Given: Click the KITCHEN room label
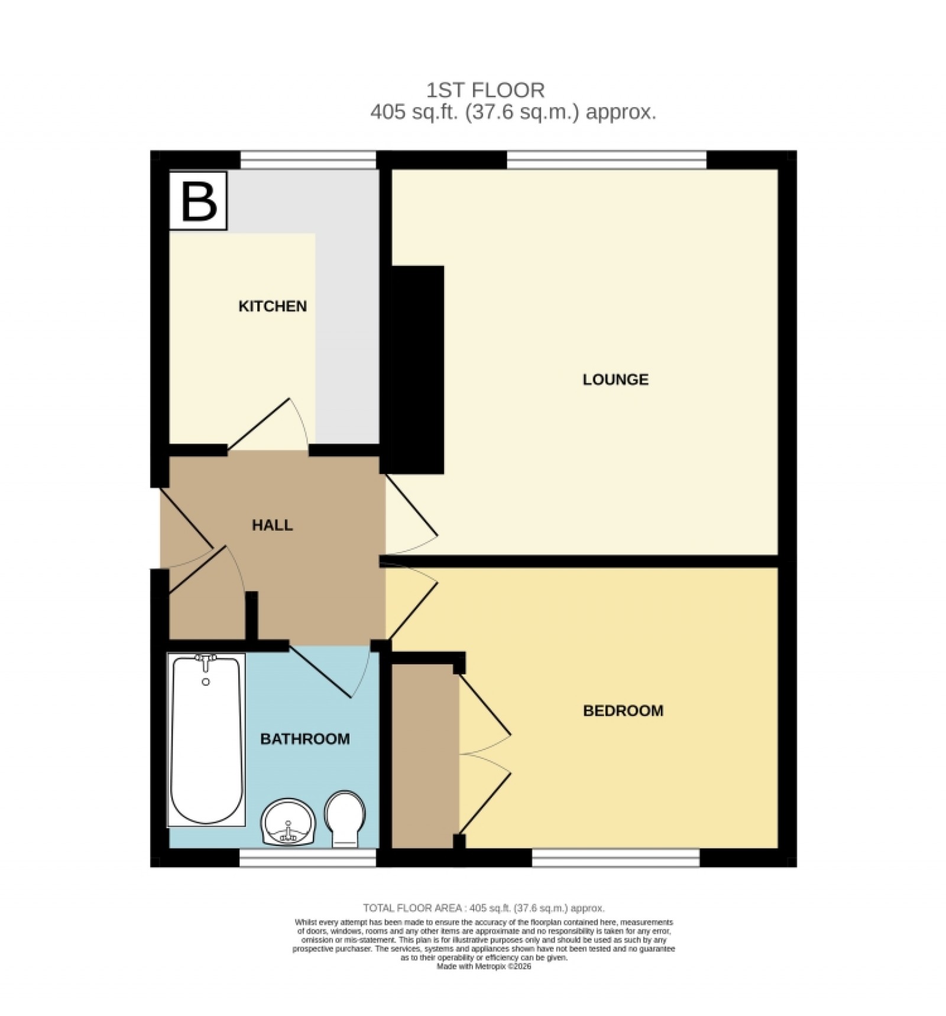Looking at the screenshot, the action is click(x=273, y=306).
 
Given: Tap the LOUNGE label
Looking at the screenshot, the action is click(x=615, y=379).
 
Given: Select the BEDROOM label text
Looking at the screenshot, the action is click(x=623, y=710).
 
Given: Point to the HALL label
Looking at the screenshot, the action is click(x=273, y=525).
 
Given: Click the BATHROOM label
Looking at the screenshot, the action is click(x=305, y=739).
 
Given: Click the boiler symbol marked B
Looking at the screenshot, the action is click(x=198, y=201).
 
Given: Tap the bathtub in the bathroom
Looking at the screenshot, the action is click(x=206, y=740).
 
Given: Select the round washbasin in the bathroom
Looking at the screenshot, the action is click(x=289, y=822).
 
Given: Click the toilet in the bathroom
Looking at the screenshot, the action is click(x=346, y=819).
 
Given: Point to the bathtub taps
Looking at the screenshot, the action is click(x=206, y=662).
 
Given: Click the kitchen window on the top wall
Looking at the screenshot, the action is click(x=308, y=160).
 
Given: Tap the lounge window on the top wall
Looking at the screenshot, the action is click(x=607, y=160).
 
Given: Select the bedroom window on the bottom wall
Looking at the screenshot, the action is click(x=615, y=858).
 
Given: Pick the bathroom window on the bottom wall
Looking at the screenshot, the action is click(x=307, y=858).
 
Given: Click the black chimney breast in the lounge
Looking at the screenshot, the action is click(x=415, y=369).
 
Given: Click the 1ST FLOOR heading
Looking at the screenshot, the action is click(x=485, y=90).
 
